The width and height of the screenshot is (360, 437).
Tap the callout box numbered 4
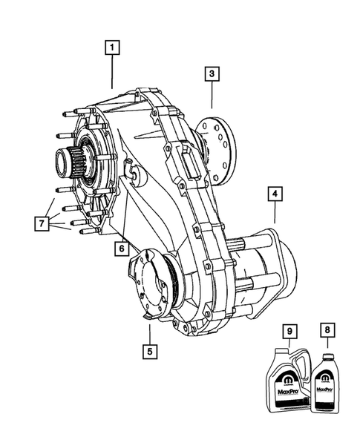(x=275, y=194)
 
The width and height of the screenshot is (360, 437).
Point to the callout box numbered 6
(x=120, y=249)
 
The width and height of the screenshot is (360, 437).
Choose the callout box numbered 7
(x=43, y=222)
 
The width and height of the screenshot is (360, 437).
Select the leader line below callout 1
(x=112, y=74)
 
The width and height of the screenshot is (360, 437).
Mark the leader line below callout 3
(x=212, y=96)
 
